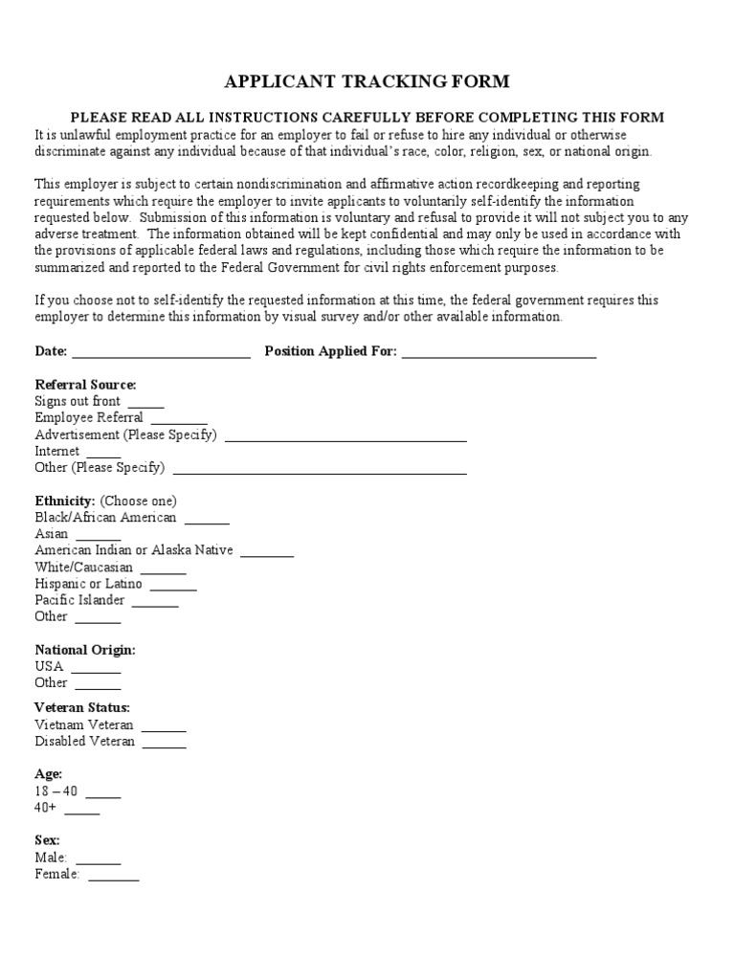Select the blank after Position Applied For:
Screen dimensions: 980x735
point(499,353)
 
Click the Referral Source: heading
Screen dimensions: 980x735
point(85,385)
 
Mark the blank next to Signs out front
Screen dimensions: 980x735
point(145,403)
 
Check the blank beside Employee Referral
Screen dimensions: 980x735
point(179,419)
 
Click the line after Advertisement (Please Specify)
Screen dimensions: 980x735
point(345,436)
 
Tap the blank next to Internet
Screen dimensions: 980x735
point(103,453)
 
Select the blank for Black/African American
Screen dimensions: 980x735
point(207,520)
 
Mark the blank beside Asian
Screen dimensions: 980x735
point(99,536)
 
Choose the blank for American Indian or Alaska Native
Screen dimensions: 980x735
point(267,552)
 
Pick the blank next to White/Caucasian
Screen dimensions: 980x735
point(163,569)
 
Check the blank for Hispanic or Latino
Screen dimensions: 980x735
point(173,586)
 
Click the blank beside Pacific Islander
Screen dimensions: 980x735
point(155,602)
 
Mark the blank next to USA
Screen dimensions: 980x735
point(96,668)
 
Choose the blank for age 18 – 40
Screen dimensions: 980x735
point(103,793)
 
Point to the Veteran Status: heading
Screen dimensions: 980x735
point(82,708)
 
